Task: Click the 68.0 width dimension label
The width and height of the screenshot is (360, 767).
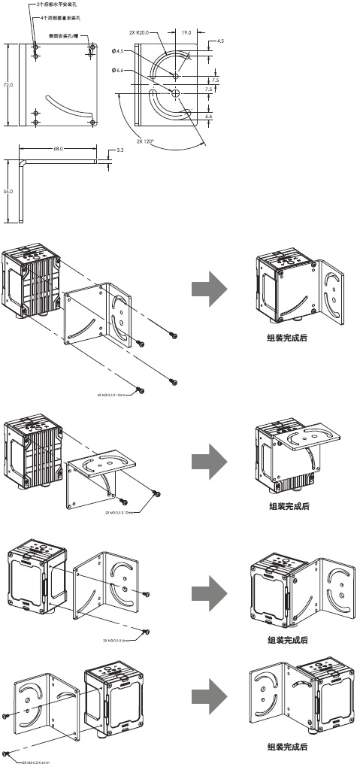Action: [x=58, y=149]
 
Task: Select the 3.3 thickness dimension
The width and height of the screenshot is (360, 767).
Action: [x=120, y=150]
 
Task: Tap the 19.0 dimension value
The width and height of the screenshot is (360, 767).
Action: [x=186, y=32]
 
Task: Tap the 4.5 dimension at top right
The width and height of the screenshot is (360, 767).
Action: [x=219, y=41]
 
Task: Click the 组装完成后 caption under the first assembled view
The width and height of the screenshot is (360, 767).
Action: [x=287, y=338]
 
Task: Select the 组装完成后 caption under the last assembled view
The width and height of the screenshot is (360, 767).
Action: [x=287, y=747]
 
